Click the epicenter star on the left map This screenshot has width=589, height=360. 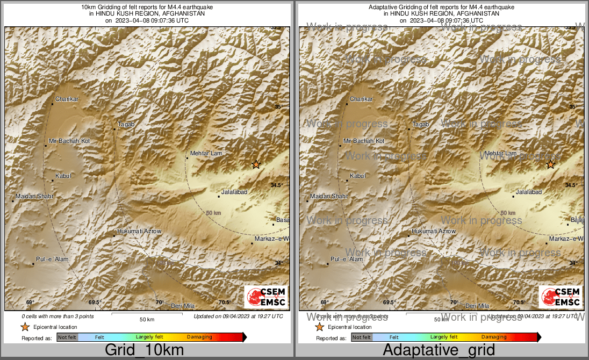256,164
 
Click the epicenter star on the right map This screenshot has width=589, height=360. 551,164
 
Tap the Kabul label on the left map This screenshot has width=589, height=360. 63,176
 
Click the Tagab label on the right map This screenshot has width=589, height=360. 420,125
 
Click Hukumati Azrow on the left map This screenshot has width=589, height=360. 139,231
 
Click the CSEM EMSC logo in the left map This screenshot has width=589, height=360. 266,297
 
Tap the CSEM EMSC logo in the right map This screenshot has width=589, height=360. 561,297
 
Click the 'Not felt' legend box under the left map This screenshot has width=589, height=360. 67,337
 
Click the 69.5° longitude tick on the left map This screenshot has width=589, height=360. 95,303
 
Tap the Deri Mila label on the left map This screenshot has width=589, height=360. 182,306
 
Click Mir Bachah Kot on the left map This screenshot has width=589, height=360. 69,141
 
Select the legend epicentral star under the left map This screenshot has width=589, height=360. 24,327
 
